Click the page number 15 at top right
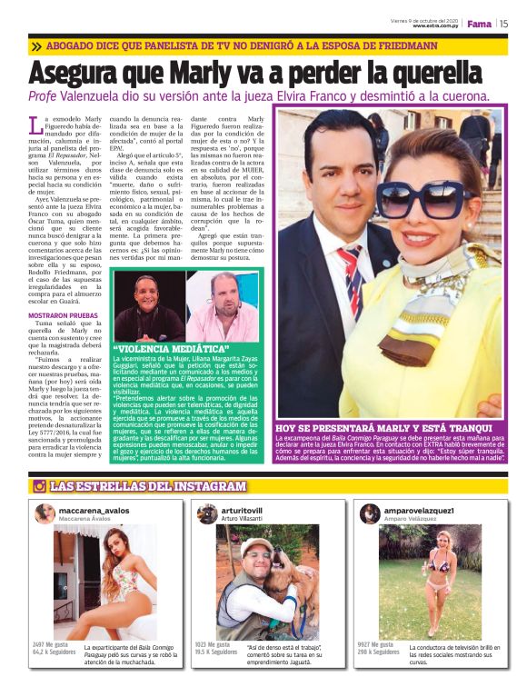(502, 25)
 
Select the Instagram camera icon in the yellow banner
(39, 486)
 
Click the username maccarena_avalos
(94, 511)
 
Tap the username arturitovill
(242, 511)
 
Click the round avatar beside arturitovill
(207, 513)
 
